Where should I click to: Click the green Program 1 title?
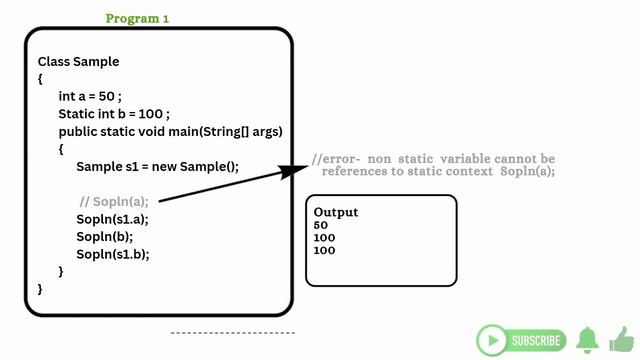point(138,19)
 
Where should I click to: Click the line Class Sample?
point(78,62)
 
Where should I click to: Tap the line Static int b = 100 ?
point(114,114)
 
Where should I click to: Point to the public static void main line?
point(170,132)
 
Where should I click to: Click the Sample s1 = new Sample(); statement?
point(158,167)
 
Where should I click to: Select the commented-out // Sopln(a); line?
point(114,201)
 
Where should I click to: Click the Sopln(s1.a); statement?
point(112,219)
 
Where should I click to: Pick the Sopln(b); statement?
point(104,236)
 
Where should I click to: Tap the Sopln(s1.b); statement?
point(112,254)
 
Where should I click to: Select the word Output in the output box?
point(336,212)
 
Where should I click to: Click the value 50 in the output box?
point(320,225)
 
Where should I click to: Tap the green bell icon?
point(587,340)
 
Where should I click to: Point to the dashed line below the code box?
point(232,332)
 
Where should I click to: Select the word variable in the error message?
point(466,159)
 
